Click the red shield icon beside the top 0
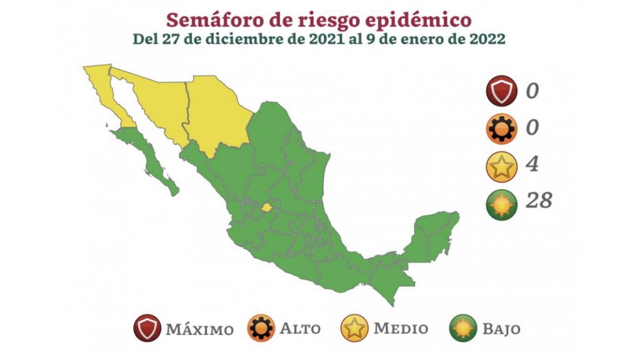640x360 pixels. pyautogui.click(x=504, y=91)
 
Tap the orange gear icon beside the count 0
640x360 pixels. pyautogui.click(x=504, y=129)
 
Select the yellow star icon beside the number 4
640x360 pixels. pyautogui.click(x=504, y=166)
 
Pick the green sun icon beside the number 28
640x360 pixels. pyautogui.click(x=504, y=203)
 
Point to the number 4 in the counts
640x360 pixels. pyautogui.click(x=532, y=165)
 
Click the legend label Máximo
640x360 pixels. pyautogui.click(x=199, y=329)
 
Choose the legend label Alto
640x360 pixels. pyautogui.click(x=300, y=328)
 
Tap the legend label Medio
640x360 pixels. pyautogui.click(x=401, y=328)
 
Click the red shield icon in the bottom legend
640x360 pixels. pyautogui.click(x=147, y=328)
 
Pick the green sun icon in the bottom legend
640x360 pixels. pyautogui.click(x=463, y=328)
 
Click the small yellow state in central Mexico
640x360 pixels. pyautogui.click(x=267, y=207)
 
